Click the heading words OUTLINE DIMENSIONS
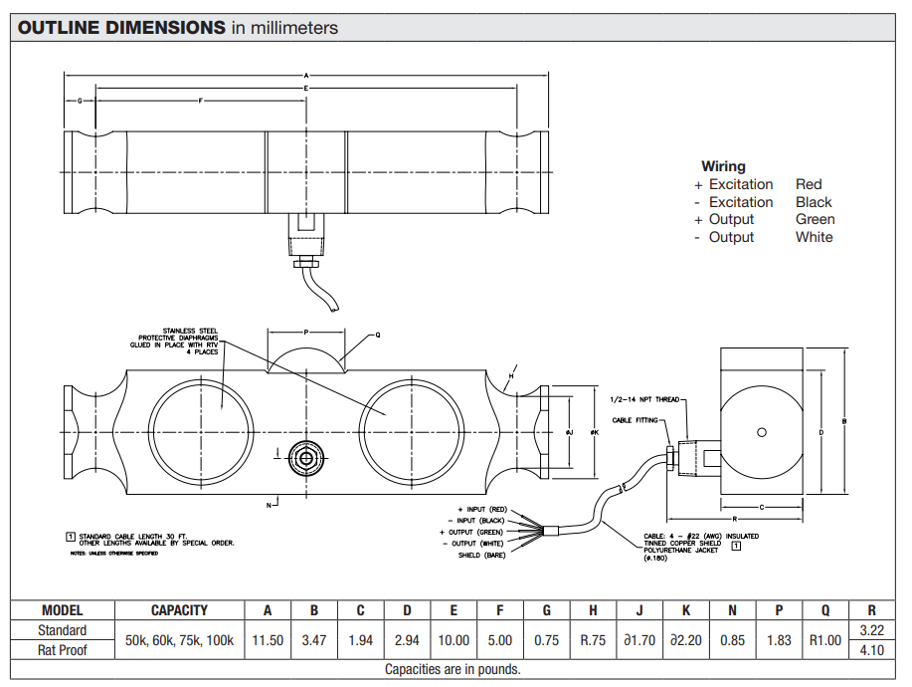point(122,28)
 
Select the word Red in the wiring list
point(809,184)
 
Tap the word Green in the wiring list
point(815,219)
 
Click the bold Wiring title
point(723,166)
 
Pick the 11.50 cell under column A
point(267,640)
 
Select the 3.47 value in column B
point(314,640)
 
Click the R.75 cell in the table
point(593,640)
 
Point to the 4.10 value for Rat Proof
point(872,650)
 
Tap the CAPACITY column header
point(179,610)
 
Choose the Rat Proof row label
point(62,650)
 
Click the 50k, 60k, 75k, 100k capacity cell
point(179,640)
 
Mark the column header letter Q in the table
point(825,610)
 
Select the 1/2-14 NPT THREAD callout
point(643,399)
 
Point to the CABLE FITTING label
point(635,421)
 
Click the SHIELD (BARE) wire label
point(481,555)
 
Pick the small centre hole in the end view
point(761,431)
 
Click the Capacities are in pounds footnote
point(453,669)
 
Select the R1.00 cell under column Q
point(825,640)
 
